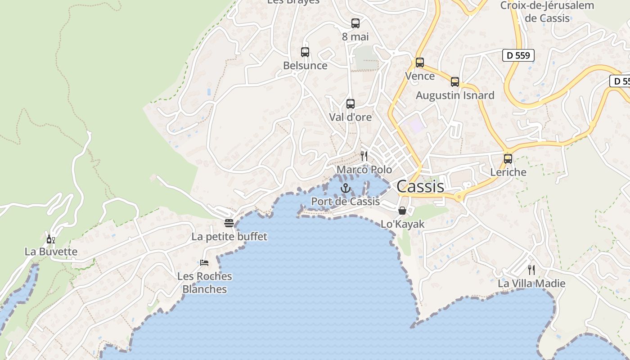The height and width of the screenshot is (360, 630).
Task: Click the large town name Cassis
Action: click(420, 186)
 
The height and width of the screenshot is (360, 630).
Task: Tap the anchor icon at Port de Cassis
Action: click(346, 188)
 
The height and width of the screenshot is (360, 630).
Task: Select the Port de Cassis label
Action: click(346, 202)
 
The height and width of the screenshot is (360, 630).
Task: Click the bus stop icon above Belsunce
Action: click(305, 52)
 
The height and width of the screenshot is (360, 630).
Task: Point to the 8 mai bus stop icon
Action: click(355, 23)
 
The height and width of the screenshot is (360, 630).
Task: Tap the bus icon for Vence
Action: click(420, 63)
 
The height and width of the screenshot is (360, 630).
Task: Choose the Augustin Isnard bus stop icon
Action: click(455, 82)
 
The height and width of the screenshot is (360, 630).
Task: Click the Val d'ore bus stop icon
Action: click(351, 104)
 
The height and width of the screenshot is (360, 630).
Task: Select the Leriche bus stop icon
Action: click(508, 159)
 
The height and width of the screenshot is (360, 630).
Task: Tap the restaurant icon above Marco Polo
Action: click(364, 156)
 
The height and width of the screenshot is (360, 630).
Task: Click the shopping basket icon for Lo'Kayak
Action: click(402, 211)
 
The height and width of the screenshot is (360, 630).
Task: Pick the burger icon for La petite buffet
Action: click(229, 223)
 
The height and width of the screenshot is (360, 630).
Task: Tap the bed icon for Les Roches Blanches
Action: click(204, 263)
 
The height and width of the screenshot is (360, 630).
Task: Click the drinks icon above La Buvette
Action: click(51, 239)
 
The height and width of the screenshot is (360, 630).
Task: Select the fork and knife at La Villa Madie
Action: click(531, 270)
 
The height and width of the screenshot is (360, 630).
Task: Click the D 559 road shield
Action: click(518, 55)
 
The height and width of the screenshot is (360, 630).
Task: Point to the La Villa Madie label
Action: click(531, 284)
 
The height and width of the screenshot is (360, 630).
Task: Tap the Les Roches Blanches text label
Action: click(205, 283)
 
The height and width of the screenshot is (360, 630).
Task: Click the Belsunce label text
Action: click(305, 66)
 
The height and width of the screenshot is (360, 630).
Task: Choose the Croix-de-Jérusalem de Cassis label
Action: click(547, 12)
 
